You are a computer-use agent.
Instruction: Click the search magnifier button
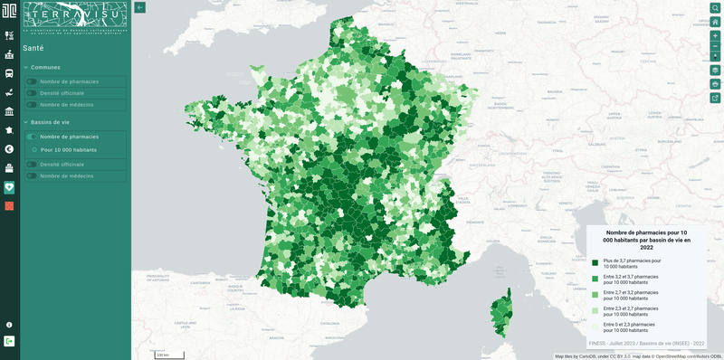tap(715, 8)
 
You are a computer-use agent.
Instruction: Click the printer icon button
tap(715, 83)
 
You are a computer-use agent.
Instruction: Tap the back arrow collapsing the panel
tap(140, 7)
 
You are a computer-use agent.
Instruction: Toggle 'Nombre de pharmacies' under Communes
tap(32, 81)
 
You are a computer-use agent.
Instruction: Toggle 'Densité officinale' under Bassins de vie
tap(32, 164)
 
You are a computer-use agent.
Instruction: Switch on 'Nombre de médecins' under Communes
tap(32, 104)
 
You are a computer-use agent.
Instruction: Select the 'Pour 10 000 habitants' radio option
tap(34, 149)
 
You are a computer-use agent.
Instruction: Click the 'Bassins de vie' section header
tap(50, 121)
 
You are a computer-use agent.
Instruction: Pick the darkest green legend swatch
tap(595, 262)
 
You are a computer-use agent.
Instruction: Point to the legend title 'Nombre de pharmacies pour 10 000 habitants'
tap(646, 240)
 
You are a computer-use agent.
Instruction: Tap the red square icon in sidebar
tap(9, 206)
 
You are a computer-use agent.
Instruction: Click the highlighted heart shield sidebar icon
tap(9, 187)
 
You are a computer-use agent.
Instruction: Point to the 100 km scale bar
tap(168, 354)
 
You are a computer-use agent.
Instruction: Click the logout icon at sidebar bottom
tap(9, 341)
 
